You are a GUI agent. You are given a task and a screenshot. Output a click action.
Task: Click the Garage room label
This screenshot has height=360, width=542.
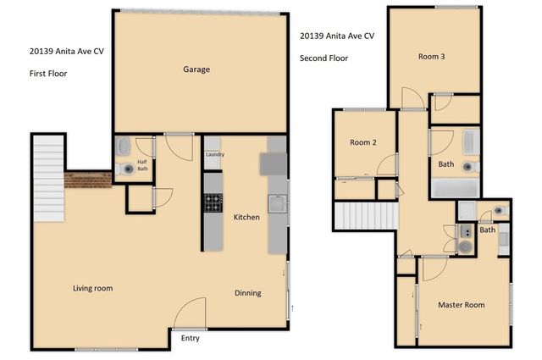196,69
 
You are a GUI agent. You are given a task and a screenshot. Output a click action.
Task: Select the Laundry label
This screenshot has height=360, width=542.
214,154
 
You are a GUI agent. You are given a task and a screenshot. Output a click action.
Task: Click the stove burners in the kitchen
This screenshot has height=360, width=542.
213,202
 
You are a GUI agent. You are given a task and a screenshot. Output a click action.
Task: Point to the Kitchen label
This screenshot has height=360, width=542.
246,218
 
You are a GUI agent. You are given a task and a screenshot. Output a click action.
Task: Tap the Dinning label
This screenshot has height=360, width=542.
248,293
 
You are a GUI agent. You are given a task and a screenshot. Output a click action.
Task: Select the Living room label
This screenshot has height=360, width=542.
92,288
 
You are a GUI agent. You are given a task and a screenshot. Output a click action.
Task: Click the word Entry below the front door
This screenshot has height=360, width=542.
191,338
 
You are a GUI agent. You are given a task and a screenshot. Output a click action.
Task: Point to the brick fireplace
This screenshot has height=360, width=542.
88,180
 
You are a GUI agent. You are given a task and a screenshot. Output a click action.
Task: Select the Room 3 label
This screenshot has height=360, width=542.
431,57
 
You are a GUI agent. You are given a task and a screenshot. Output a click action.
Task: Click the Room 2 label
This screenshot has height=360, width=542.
363,142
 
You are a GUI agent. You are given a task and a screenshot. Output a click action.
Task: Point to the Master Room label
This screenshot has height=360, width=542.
461,304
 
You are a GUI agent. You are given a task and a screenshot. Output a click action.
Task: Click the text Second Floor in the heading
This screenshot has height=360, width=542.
324,58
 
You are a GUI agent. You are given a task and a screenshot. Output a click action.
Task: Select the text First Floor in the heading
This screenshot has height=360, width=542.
48,74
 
